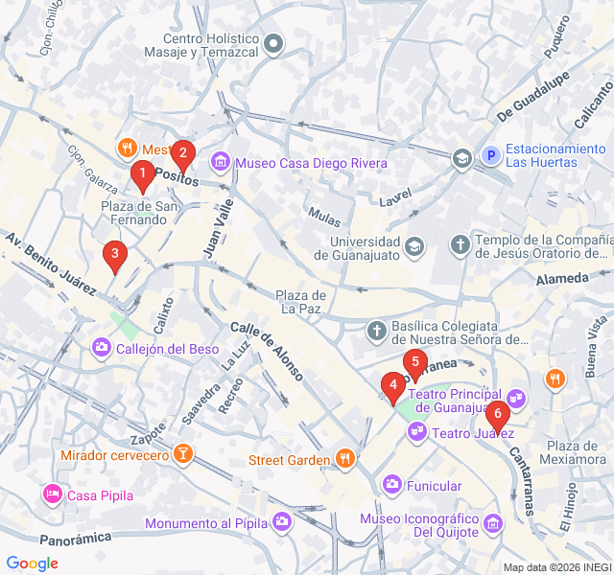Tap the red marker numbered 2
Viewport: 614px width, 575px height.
coord(182,154)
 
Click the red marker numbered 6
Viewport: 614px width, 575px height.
coord(497,415)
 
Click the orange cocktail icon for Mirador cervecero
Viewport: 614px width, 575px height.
coord(182,452)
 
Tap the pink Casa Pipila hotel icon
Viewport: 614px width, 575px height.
coord(52,494)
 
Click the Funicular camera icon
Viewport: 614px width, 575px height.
coord(391,484)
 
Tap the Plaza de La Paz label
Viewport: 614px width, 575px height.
coord(301,301)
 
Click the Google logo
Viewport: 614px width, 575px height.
coord(33,563)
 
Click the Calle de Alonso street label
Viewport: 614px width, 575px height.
coord(268,351)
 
